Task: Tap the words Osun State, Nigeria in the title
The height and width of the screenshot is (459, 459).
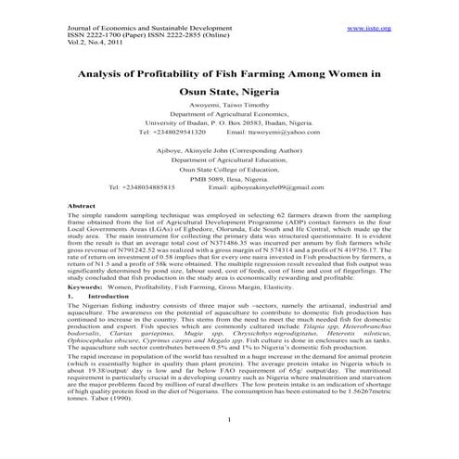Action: (x=229, y=93)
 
